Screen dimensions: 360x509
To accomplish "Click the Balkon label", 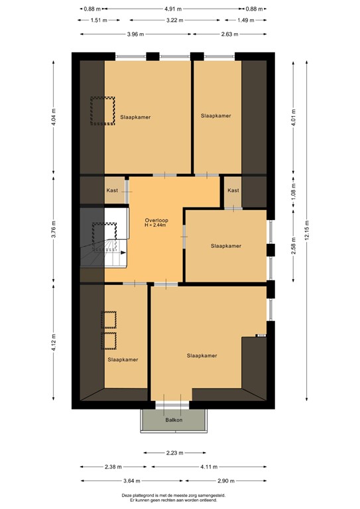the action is click(174, 420).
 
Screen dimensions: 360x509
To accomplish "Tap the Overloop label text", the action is click(156, 221).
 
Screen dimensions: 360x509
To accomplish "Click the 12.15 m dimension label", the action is click(307, 230).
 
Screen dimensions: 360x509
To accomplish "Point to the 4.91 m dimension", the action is click(172, 9).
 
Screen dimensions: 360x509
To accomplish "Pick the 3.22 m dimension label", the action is click(174, 20).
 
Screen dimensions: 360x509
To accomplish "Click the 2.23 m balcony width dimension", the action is click(174, 453).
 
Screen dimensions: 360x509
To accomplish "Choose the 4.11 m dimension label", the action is click(209, 467).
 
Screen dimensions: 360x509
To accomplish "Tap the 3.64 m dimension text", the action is click(132, 481).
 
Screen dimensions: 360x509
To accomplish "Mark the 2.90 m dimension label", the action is click(225, 481).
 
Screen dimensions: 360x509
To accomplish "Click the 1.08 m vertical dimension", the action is click(294, 192).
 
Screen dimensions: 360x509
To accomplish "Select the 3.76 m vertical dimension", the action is click(54, 229).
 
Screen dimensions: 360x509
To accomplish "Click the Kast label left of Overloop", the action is click(112, 190).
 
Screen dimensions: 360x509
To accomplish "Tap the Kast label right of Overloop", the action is click(233, 190).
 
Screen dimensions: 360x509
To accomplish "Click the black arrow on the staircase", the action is click(123, 253).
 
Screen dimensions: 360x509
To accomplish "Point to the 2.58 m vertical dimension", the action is click(294, 246).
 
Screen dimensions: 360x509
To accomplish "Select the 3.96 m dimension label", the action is click(136, 34).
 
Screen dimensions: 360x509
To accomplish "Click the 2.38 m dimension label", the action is click(113, 467).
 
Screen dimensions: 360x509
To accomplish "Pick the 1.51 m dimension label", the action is click(99, 20).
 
